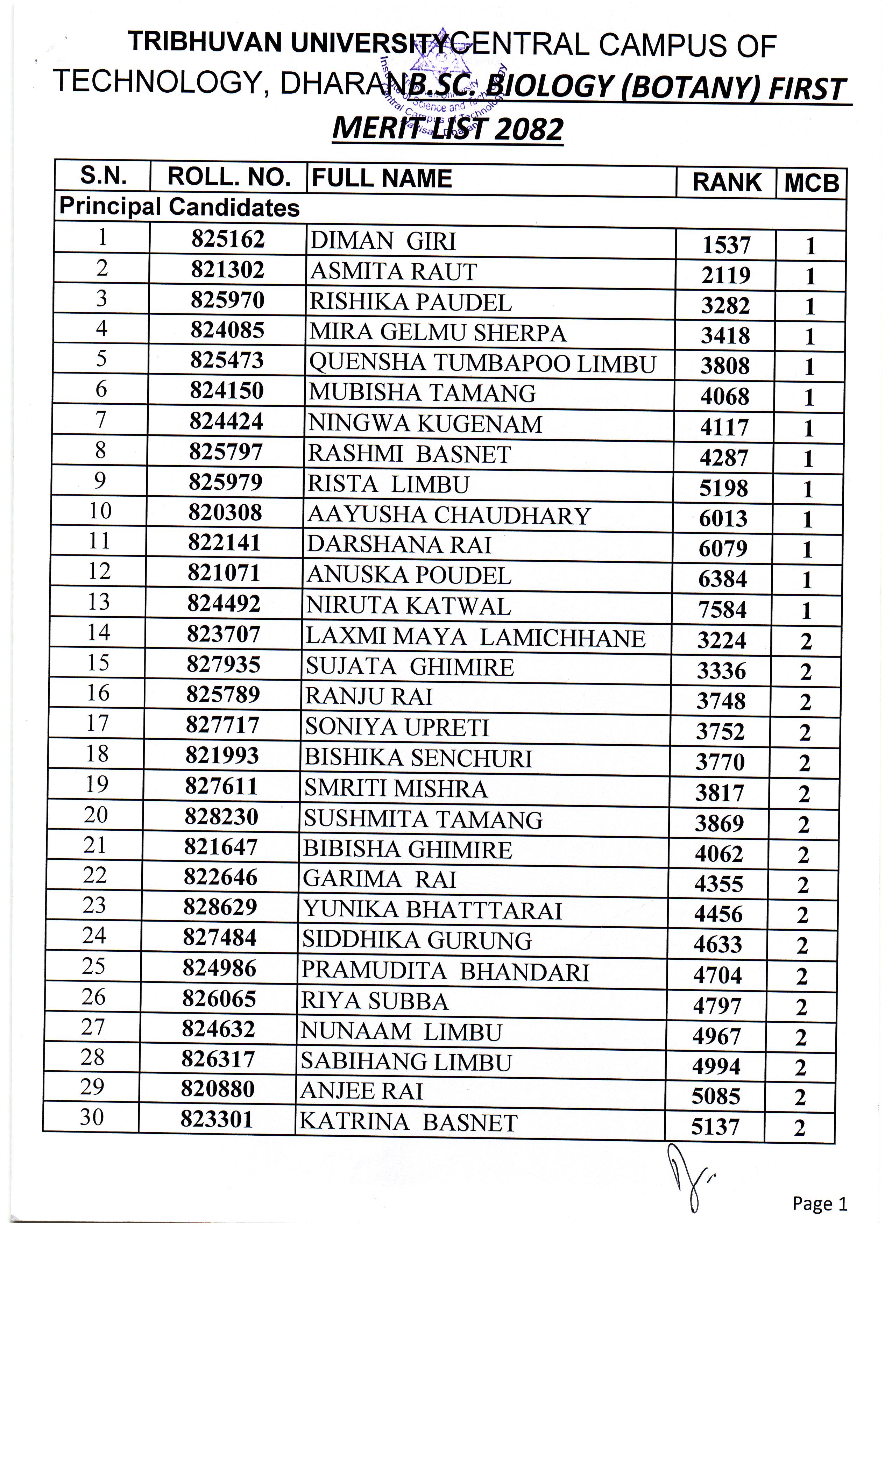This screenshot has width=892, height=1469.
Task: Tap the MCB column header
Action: [811, 183]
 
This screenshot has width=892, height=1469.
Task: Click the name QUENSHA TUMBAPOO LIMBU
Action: [482, 363]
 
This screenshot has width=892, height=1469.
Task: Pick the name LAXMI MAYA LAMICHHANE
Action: [475, 638]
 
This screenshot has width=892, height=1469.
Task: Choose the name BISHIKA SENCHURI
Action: [418, 758]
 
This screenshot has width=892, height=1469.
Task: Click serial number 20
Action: [95, 814]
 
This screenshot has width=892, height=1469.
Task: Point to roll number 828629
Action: [220, 907]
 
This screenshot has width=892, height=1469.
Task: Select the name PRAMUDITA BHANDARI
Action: [445, 972]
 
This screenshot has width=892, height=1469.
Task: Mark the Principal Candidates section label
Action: [179, 207]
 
